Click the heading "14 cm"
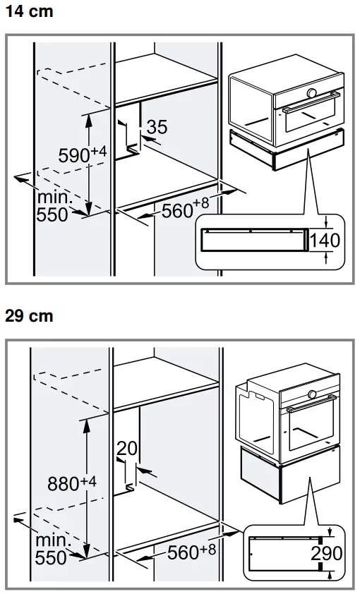[29, 11]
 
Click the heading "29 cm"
[29, 317]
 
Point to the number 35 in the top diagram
[157, 127]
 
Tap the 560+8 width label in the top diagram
[185, 210]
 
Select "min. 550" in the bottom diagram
[52, 549]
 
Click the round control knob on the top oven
[313, 93]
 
